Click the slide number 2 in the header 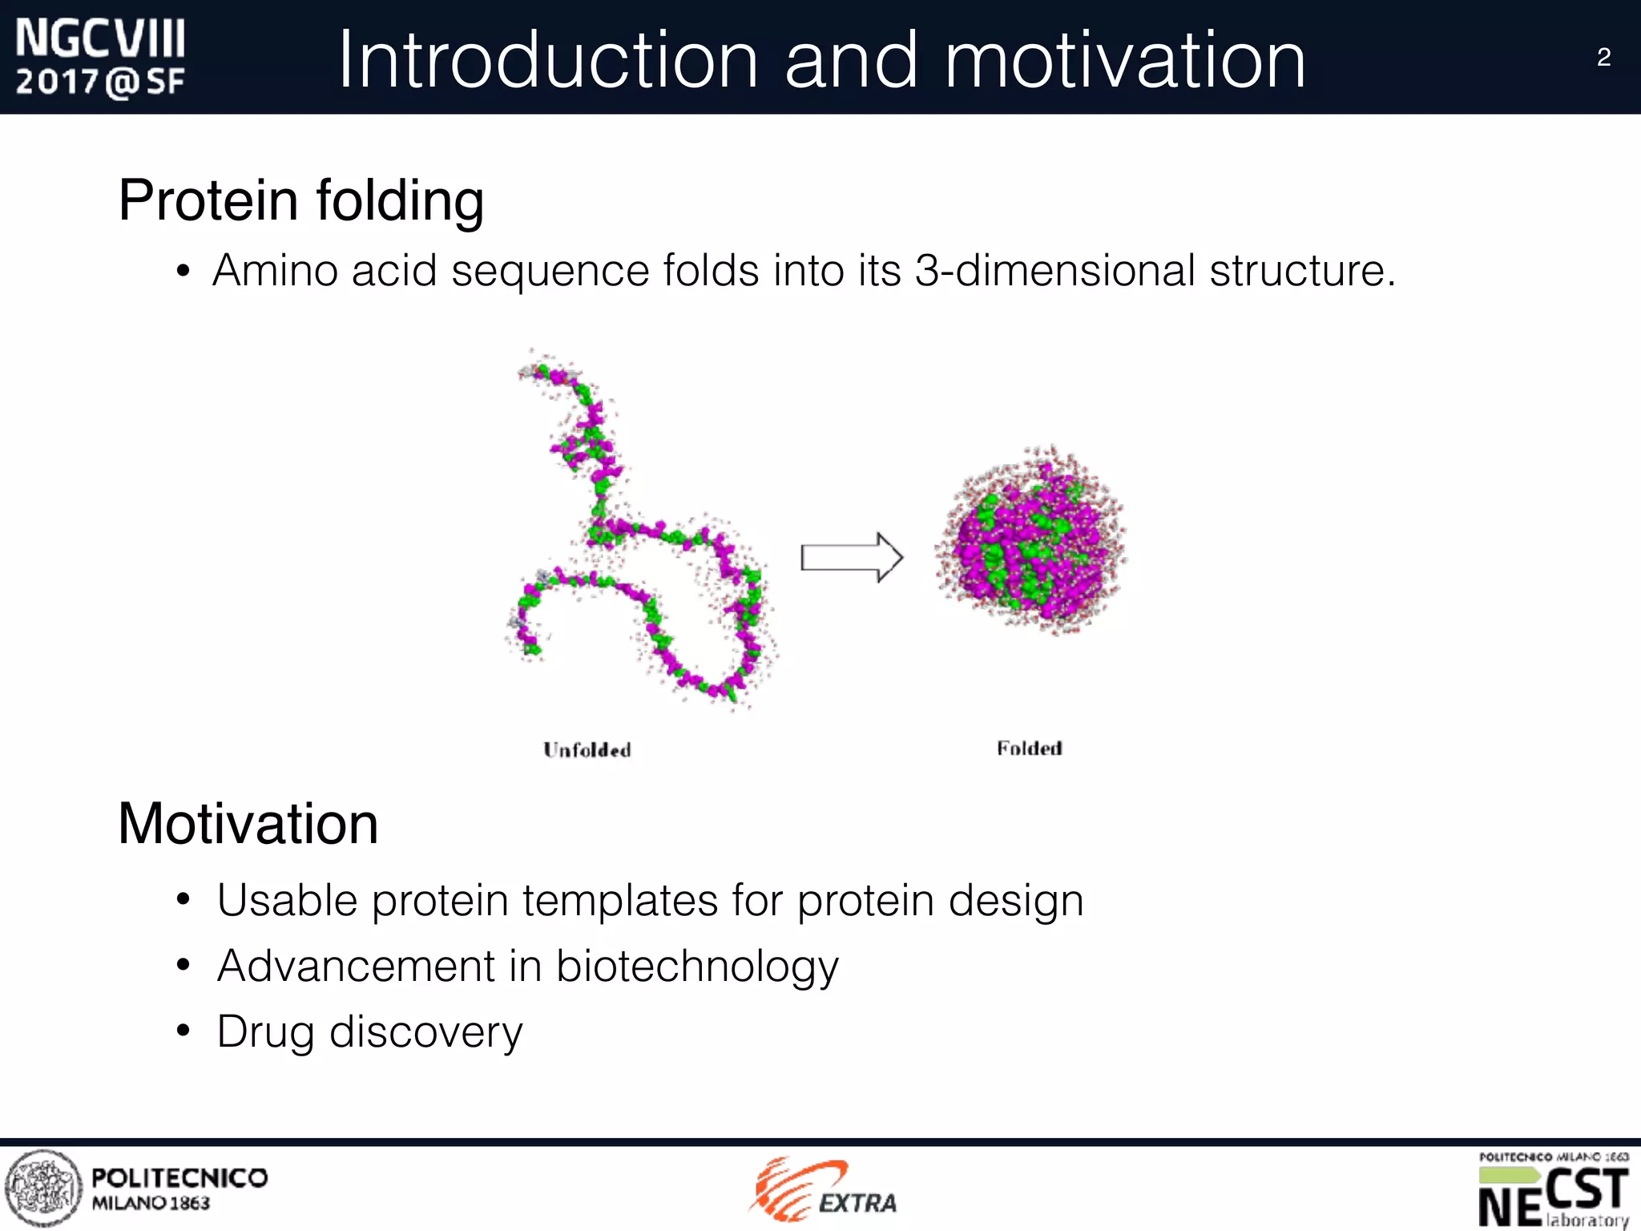click(x=1603, y=58)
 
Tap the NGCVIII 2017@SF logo click(x=100, y=59)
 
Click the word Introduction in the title click(x=547, y=60)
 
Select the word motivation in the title click(x=1125, y=60)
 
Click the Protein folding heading click(x=300, y=200)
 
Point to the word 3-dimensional click(x=1054, y=270)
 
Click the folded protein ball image click(x=1032, y=541)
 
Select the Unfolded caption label click(x=587, y=750)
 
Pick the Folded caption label click(x=1030, y=749)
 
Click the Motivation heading click(x=248, y=824)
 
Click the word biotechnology click(x=696, y=966)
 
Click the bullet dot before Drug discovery click(x=183, y=1031)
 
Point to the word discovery click(x=425, y=1032)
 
